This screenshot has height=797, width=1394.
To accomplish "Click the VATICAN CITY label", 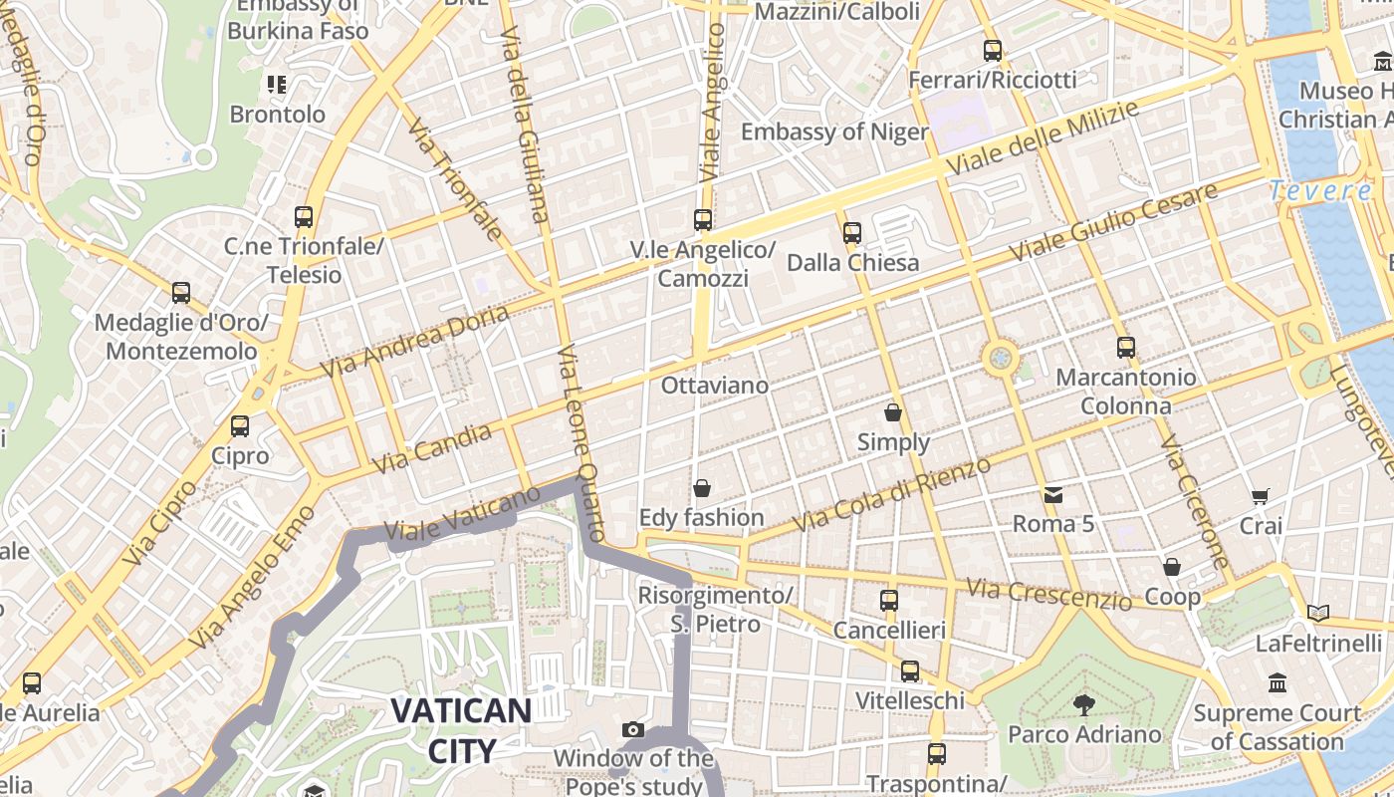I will click(x=461, y=730).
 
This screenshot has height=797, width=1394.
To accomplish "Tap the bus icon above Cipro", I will click(x=240, y=426).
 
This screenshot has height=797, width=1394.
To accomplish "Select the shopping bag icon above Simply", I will click(x=893, y=412).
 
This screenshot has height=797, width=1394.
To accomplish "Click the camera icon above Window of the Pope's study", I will click(x=632, y=730).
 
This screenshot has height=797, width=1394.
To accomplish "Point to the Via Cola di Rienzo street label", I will click(x=891, y=494).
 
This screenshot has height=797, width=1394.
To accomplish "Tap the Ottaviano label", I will click(x=715, y=386).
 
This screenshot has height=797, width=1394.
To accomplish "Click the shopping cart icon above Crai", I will click(x=1260, y=496).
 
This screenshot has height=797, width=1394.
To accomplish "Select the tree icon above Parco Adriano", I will click(x=1083, y=705).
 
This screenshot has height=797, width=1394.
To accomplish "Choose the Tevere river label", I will click(x=1320, y=190).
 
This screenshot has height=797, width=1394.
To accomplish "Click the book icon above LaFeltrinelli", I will click(x=1318, y=614).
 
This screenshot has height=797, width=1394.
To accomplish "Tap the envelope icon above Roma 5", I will click(x=1052, y=494).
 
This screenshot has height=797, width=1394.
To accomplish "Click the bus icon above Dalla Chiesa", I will click(x=852, y=233).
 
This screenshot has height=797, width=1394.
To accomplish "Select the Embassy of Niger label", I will click(x=834, y=132).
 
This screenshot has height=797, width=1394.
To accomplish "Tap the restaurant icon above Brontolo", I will click(x=277, y=85).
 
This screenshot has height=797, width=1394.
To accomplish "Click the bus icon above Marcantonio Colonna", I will click(x=1126, y=348).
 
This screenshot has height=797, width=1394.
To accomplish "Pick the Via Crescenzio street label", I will click(x=1048, y=593).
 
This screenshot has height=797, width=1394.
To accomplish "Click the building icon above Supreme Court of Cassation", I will click(x=1278, y=683).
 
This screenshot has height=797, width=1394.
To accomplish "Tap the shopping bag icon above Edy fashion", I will click(x=702, y=488).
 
